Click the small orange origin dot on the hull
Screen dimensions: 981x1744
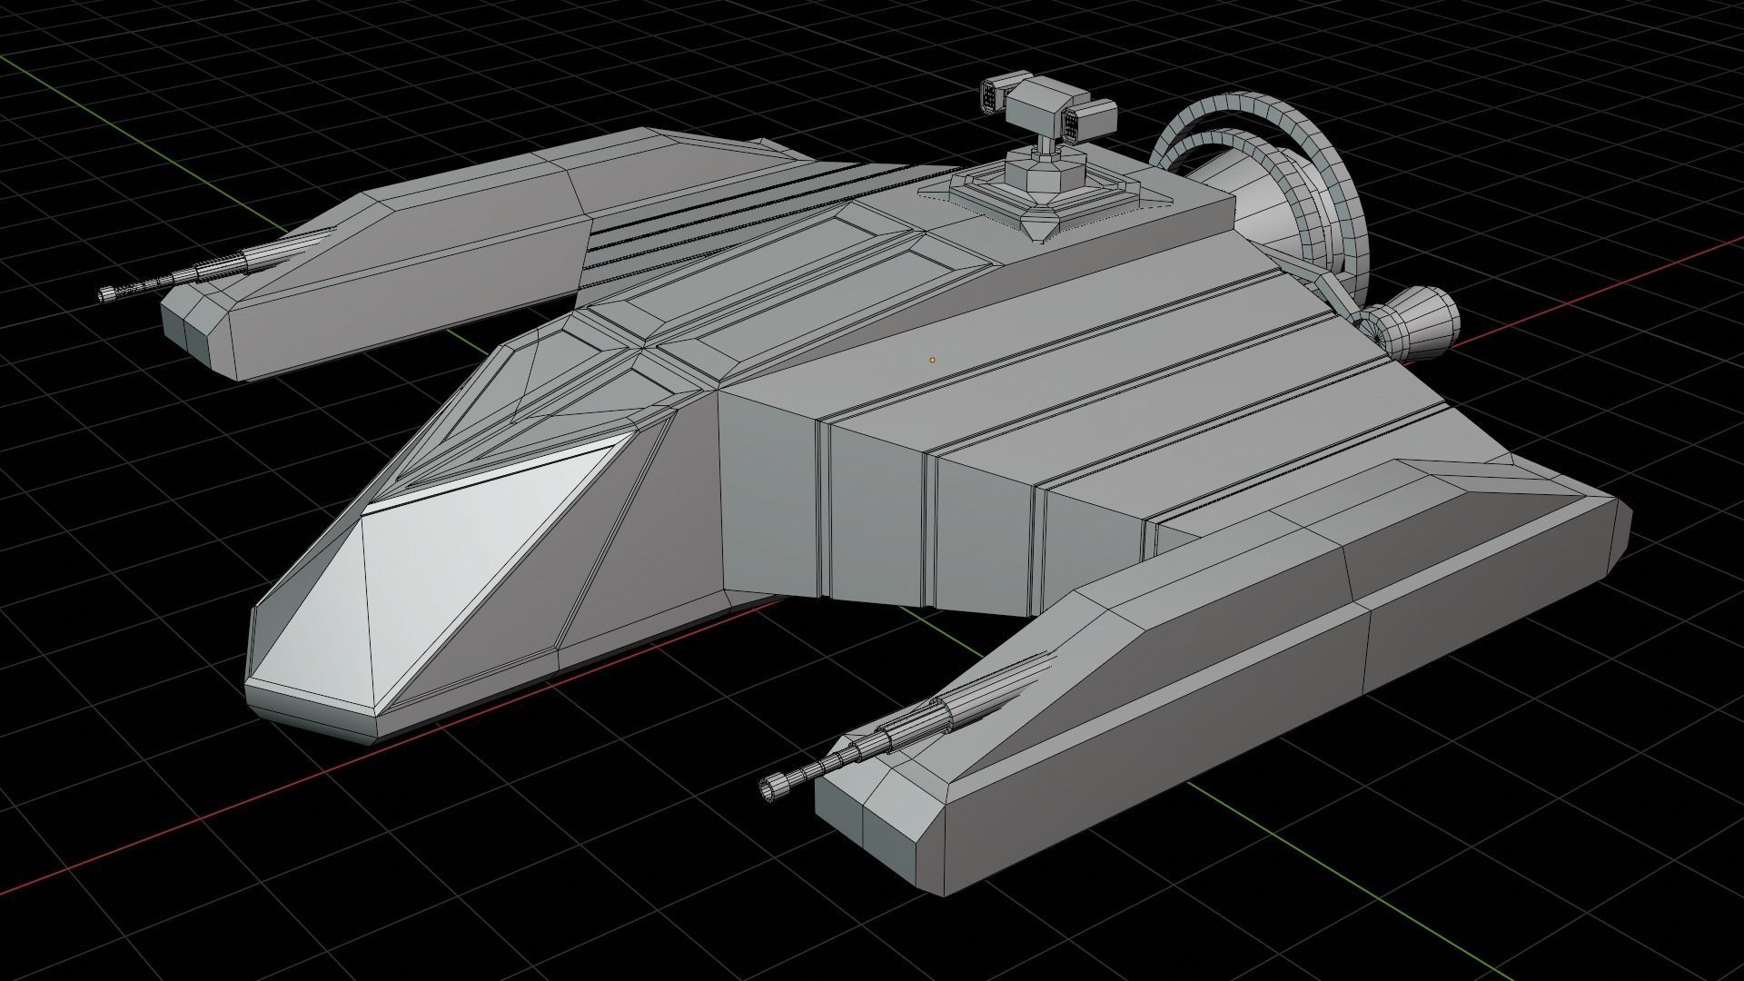(x=932, y=360)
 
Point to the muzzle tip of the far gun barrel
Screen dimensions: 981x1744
(x=106, y=292)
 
